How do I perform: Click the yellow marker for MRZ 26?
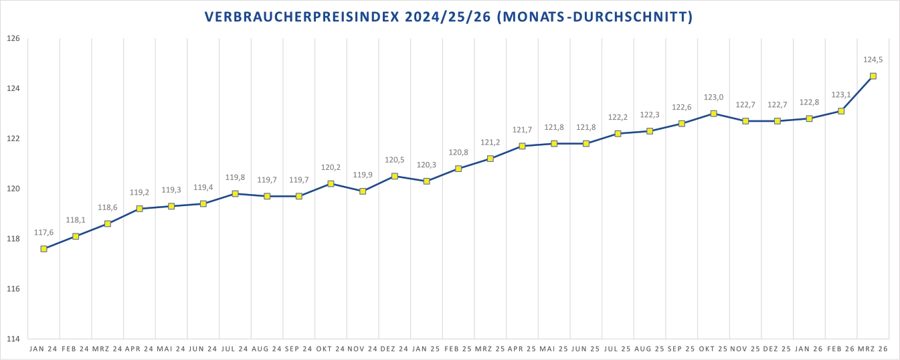tap(873, 76)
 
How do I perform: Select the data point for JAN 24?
tap(43, 249)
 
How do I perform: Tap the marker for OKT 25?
tap(713, 114)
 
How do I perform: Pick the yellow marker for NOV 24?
tap(363, 191)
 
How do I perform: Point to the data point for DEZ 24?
tap(395, 176)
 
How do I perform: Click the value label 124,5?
tap(873, 60)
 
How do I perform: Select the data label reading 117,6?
tap(43, 232)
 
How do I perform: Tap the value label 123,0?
tap(713, 97)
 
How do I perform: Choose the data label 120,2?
tap(331, 167)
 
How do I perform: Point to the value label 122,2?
tap(618, 117)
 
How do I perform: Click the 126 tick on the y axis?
tap(14, 39)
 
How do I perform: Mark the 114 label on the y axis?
tap(14, 339)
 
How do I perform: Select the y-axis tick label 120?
tap(14, 189)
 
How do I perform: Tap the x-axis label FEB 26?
tap(841, 349)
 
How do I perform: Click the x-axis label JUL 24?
tap(235, 349)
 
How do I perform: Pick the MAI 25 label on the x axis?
tap(554, 349)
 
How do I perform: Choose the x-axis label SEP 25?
tap(681, 349)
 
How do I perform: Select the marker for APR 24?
tap(139, 209)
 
